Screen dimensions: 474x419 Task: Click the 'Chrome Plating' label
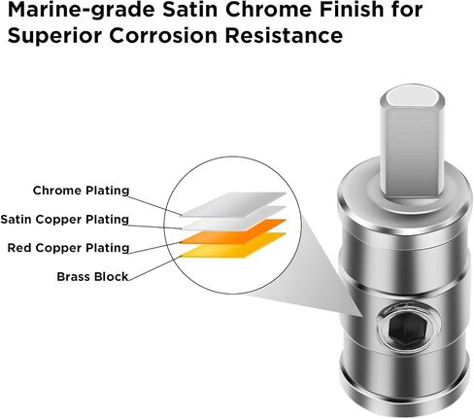click(x=81, y=191)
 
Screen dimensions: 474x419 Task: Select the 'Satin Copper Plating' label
click(x=65, y=220)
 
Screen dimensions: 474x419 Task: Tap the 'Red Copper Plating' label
click(x=68, y=248)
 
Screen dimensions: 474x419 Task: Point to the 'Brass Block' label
click(x=92, y=277)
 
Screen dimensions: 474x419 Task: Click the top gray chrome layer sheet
click(x=234, y=204)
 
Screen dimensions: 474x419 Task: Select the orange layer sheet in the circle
click(x=234, y=231)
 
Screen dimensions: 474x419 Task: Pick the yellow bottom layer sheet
click(x=234, y=245)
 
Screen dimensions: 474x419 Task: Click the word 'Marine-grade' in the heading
click(x=81, y=10)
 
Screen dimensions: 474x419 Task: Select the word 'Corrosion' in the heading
click(x=163, y=36)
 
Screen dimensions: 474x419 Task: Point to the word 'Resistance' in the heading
click(x=284, y=36)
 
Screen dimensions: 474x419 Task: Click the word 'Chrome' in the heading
click(x=269, y=10)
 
